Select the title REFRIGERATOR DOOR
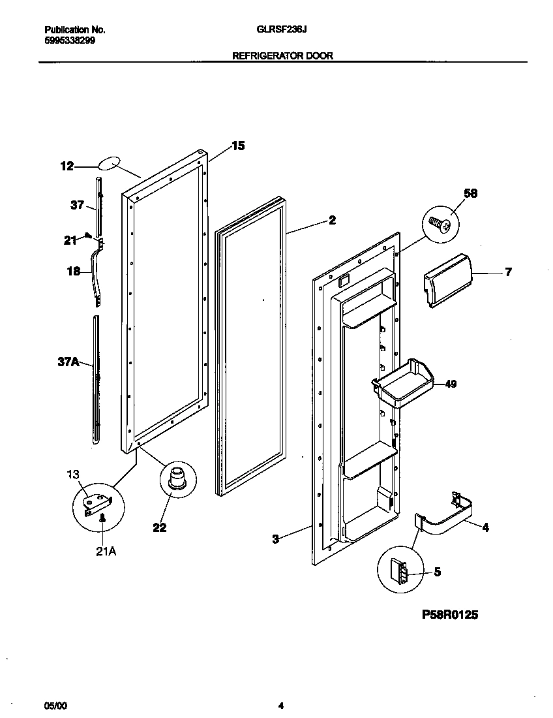click(282, 56)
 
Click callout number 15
click(238, 146)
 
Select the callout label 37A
click(68, 361)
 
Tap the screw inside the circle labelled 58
click(438, 223)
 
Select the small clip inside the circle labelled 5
click(398, 572)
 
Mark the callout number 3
click(275, 538)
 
